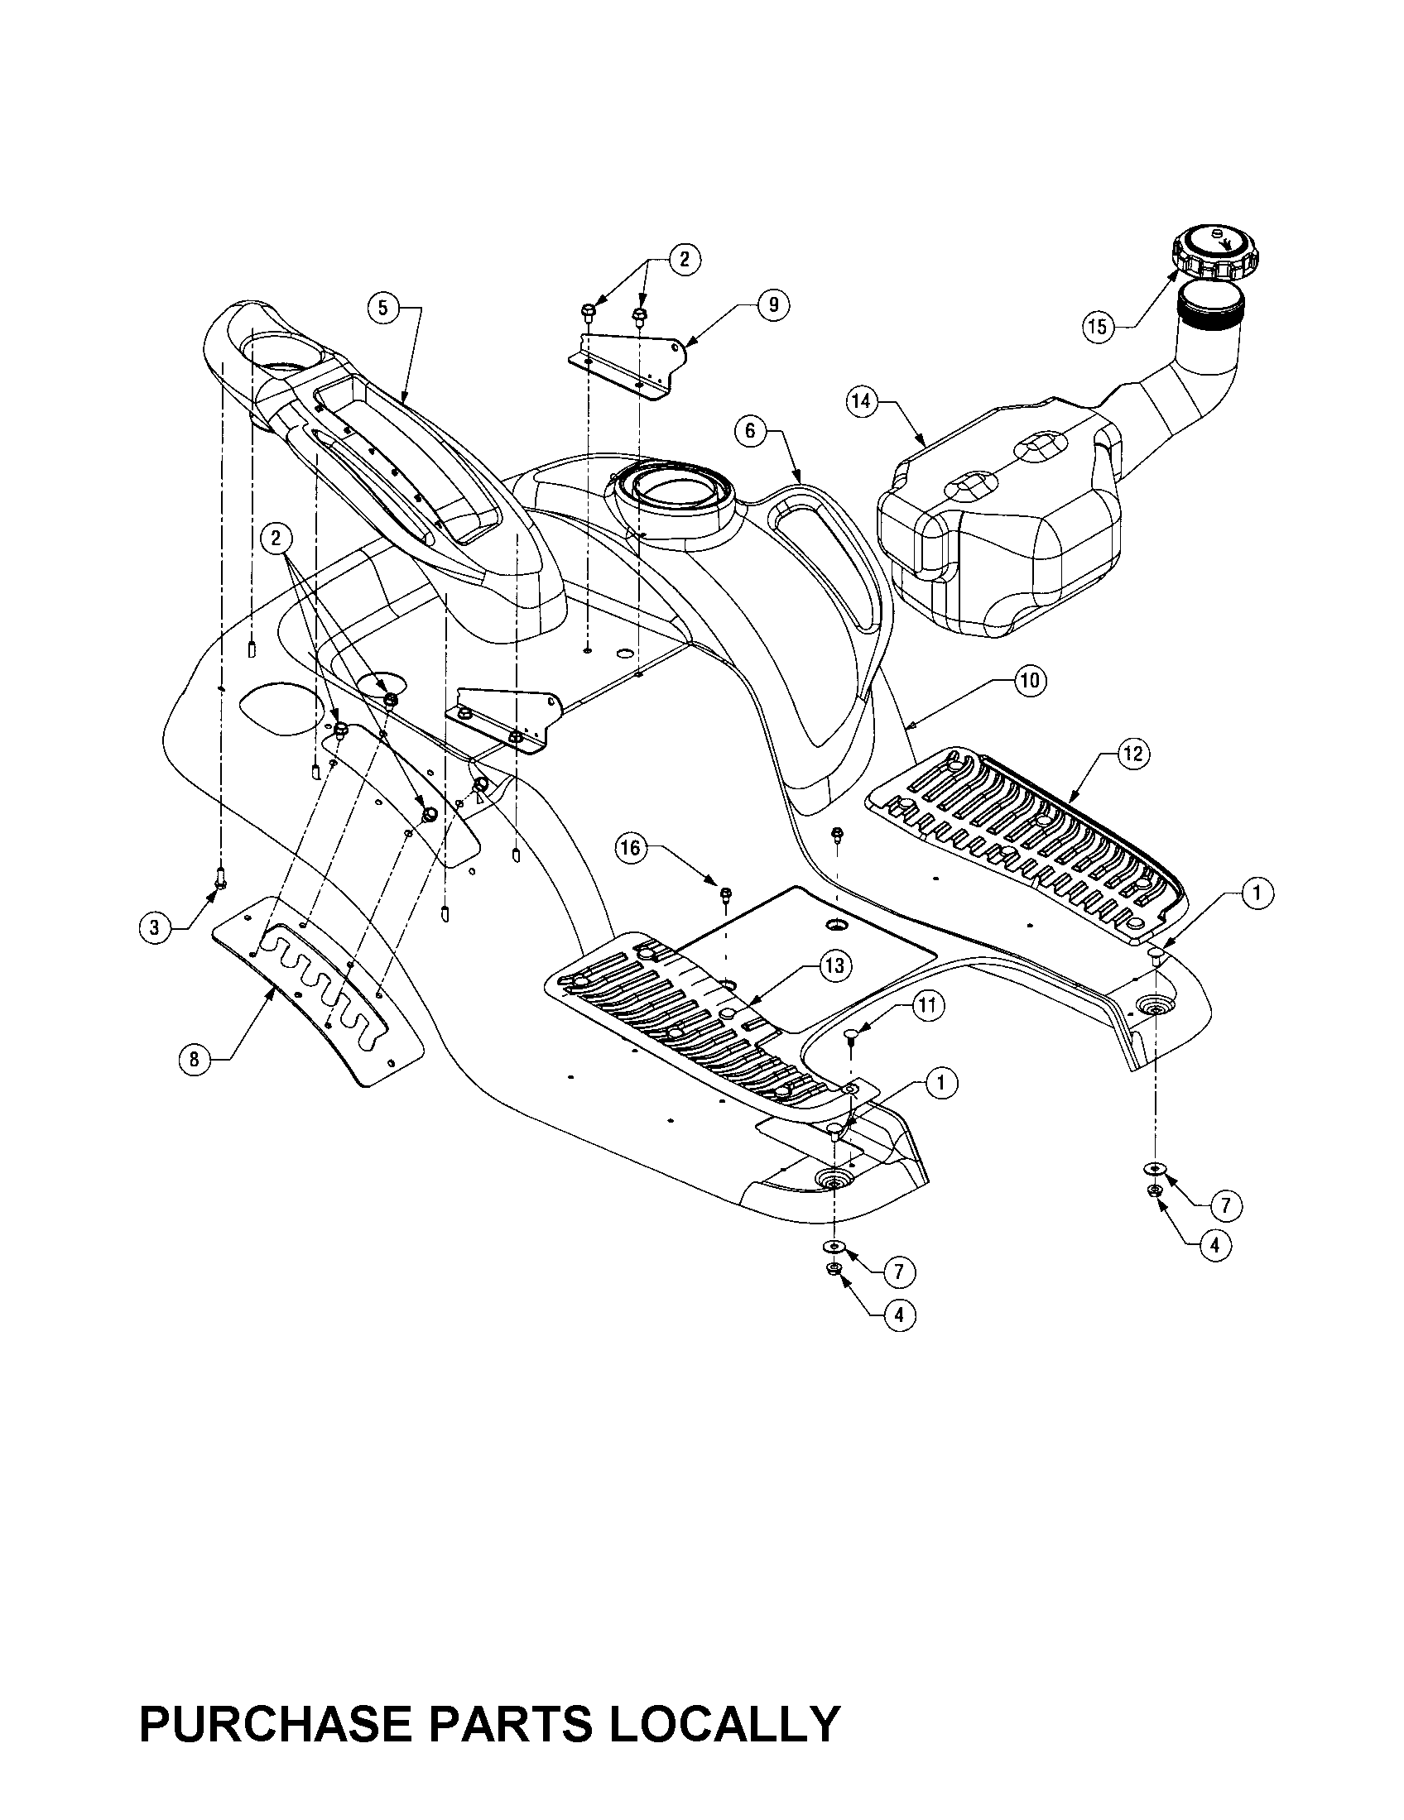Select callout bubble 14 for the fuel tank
click(x=860, y=402)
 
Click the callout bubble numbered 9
click(x=773, y=305)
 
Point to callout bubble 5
click(x=382, y=309)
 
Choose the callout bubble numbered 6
click(x=749, y=431)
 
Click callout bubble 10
click(x=1030, y=681)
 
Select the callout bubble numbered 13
click(x=834, y=966)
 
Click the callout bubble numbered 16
click(x=631, y=848)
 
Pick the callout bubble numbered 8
click(x=195, y=1059)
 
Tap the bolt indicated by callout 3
click(x=220, y=877)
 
